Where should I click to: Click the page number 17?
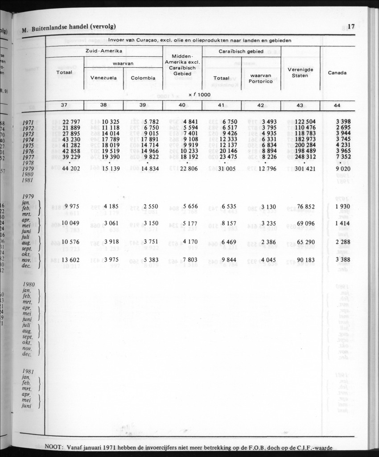click(351, 27)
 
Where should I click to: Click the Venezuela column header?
click(103, 78)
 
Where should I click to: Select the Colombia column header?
click(143, 78)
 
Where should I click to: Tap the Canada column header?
click(337, 73)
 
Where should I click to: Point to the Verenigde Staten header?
click(300, 73)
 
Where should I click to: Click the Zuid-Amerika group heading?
click(104, 51)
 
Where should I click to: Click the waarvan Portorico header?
click(261, 78)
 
